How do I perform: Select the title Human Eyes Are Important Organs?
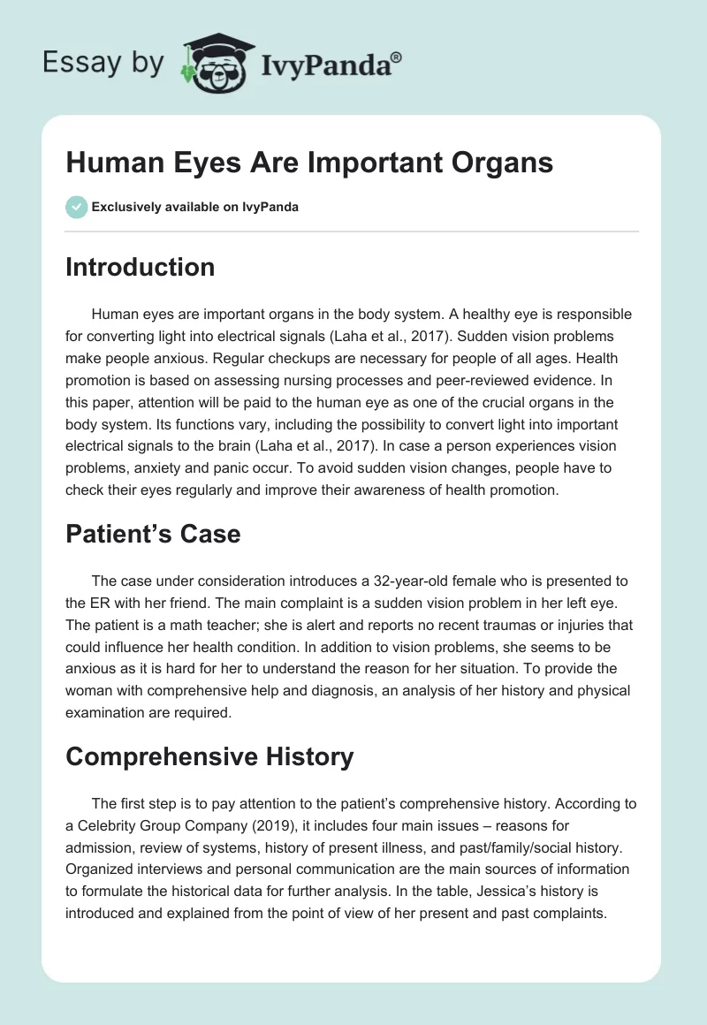click(x=308, y=163)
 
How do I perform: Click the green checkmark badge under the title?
click(x=77, y=207)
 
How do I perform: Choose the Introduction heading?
click(x=140, y=267)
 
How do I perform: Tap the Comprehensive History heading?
click(x=209, y=756)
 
